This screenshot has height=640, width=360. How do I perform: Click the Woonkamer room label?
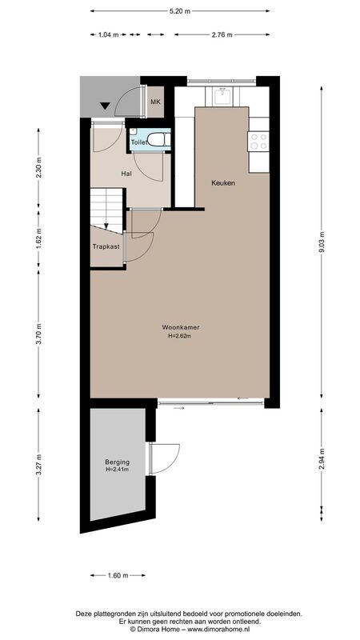point(181,327)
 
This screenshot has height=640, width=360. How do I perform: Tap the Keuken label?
point(223,183)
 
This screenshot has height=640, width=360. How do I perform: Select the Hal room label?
point(126,174)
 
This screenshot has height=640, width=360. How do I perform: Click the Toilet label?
point(138,142)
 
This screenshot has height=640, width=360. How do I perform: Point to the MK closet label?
point(155,102)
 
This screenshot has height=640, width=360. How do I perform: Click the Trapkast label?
point(106,246)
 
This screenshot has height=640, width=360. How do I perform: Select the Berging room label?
point(117,462)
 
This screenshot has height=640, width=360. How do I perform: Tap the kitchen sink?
point(222,97)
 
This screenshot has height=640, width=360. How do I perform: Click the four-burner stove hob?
point(258,142)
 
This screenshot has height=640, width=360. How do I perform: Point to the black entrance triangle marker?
point(106,106)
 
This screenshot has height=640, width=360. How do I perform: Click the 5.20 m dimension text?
point(179,11)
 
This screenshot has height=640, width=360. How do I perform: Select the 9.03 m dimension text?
point(322,242)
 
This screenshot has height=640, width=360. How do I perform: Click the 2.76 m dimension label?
point(222,34)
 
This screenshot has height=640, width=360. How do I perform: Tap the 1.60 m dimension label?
point(118,575)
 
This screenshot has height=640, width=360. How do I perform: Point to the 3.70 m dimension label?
point(38,334)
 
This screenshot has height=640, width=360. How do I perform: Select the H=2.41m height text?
point(117,470)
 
